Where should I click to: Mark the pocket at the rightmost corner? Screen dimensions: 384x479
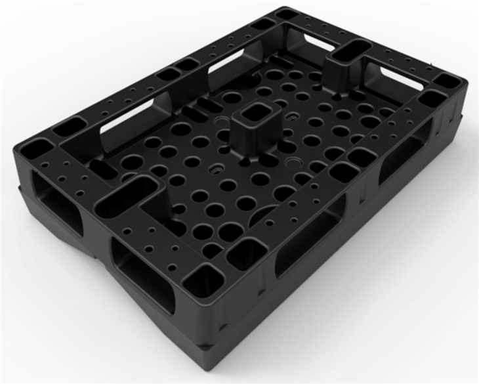(x=449, y=81)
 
